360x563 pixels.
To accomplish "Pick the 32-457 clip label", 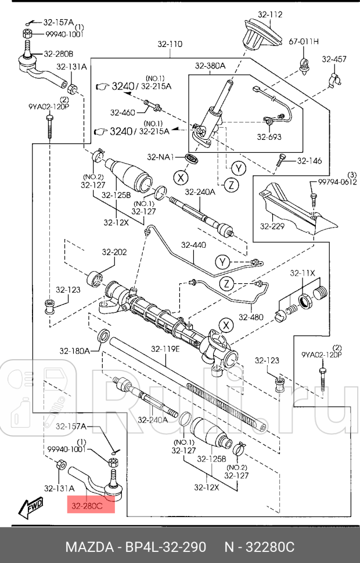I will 334,59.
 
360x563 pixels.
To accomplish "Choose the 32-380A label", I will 210,66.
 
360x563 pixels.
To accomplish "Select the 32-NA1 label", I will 161,157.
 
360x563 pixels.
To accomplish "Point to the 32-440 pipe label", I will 192,245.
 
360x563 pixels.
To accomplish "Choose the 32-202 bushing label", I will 114,252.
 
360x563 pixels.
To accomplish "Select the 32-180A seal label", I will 74,351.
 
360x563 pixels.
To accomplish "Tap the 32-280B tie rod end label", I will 54,55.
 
